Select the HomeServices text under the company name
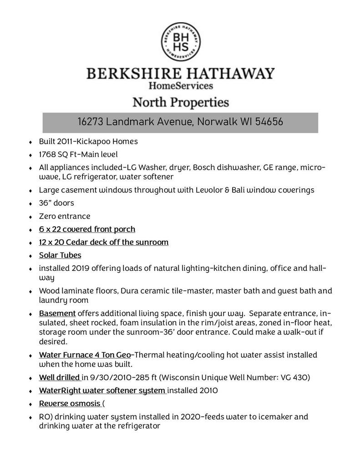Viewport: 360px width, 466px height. (181, 85)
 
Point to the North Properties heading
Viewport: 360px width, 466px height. (181, 102)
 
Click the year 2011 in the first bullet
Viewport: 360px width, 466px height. (66, 141)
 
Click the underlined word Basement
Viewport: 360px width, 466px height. (57, 313)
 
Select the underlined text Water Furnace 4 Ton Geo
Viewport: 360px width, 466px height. (85, 355)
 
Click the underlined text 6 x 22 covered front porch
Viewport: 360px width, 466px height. (87, 229)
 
